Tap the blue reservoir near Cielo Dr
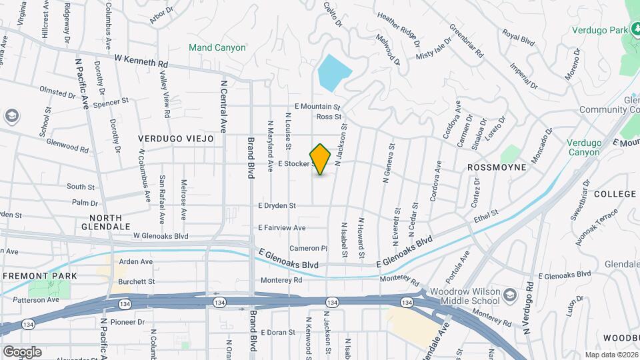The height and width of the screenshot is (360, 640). pos(333,72)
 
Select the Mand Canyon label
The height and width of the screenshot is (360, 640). pos(217,48)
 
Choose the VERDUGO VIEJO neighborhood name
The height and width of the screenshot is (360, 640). pos(176,139)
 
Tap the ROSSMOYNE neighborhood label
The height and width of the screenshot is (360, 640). pos(497,167)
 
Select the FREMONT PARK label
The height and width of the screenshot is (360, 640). pos(41,275)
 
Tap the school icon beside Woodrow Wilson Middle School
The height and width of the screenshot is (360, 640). pos(510,295)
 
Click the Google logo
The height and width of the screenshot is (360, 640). pos(22,351)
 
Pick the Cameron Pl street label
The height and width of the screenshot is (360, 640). pos(308,248)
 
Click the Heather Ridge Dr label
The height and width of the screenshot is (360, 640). pos(399,28)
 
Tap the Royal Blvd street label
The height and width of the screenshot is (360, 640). pos(519,37)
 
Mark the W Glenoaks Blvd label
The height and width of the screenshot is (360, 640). pos(161,236)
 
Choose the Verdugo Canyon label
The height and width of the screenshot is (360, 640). pos(584,147)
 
